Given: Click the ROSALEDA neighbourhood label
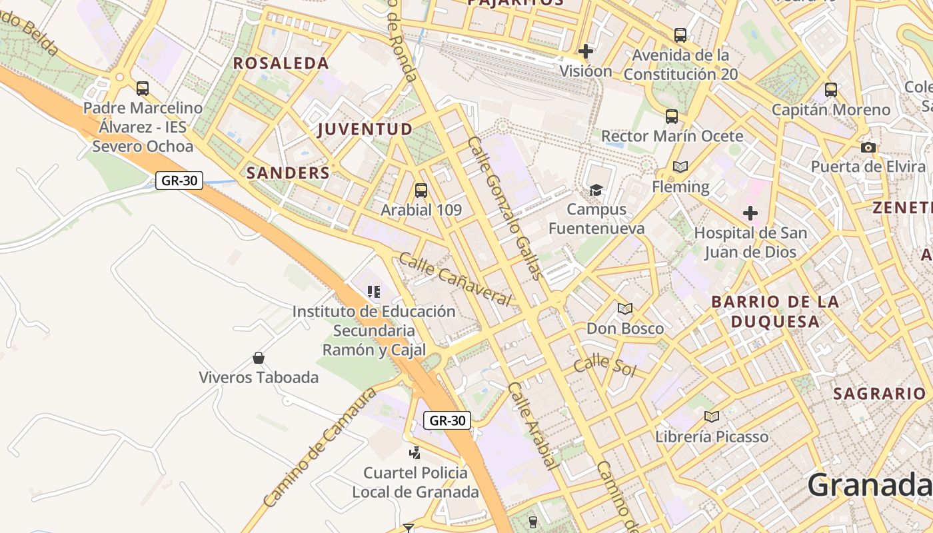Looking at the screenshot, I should point(281,63).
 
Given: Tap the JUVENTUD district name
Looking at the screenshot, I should point(365,129).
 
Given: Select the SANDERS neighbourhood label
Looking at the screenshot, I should point(288,173).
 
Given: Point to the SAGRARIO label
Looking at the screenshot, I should point(879,394).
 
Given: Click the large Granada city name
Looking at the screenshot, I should point(870,485).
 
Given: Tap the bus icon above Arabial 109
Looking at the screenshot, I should point(421,191).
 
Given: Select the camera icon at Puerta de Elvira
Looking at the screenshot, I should point(868,147).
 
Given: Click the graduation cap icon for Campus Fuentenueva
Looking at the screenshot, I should point(596,191).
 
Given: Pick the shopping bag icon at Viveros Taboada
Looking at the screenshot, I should point(259,358).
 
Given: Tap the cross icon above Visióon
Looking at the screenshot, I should point(586,51).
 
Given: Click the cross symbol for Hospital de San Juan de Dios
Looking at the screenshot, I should point(750,213).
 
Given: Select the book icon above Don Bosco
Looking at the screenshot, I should point(624,308).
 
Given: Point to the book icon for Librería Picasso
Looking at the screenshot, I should point(711,417).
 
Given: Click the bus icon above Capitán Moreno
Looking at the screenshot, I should point(830,89).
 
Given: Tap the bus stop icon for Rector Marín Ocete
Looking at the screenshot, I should point(671,117).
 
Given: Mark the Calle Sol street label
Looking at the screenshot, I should point(604,365).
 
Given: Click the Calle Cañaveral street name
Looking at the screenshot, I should point(456,279).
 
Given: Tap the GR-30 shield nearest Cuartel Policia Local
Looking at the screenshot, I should point(447,420).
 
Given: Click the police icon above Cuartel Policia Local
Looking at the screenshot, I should point(415,453).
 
